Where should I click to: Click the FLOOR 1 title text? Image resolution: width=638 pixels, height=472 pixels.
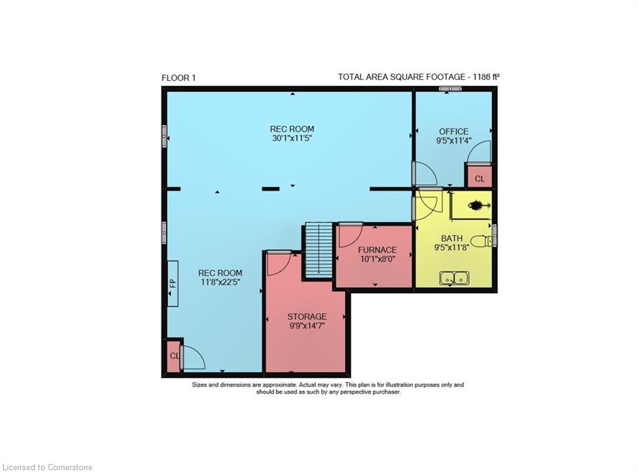pos(179,78)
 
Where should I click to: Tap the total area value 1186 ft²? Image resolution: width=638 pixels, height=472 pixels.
pos(486,77)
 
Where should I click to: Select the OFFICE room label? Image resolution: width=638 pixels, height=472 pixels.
pos(454,131)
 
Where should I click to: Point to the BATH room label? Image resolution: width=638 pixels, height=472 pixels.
pos(452,238)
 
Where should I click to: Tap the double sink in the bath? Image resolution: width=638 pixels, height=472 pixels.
pos(454,278)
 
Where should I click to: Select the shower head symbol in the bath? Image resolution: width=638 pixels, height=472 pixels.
pos(477,205)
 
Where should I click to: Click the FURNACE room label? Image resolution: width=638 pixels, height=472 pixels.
pos(377,250)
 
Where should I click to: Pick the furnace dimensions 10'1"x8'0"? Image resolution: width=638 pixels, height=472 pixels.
pos(377,259)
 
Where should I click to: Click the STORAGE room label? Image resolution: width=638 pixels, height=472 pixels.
pos(307,316)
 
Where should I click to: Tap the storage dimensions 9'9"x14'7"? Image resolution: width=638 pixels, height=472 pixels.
pos(307,326)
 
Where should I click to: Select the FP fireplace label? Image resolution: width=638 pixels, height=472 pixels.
pos(173,283)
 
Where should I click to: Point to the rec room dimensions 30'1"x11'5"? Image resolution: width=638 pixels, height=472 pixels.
pos(292,138)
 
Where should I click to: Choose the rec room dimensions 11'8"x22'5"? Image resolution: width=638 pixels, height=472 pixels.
pos(220,282)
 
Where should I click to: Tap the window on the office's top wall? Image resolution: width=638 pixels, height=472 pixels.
pos(450,89)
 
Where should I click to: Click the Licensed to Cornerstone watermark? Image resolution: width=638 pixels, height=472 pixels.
pos(47,468)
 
